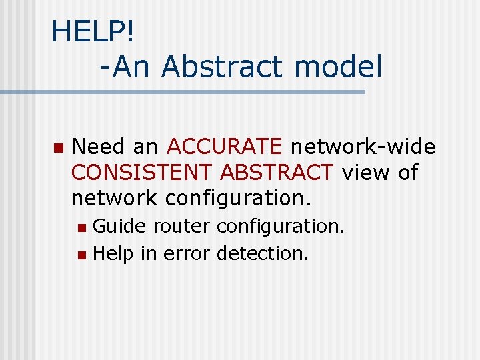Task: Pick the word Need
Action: coord(99,146)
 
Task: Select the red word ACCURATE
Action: coord(225,146)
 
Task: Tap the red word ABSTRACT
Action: coord(277,172)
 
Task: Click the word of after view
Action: coord(407,172)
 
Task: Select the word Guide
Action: coord(119,227)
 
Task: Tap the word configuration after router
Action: coord(281,227)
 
